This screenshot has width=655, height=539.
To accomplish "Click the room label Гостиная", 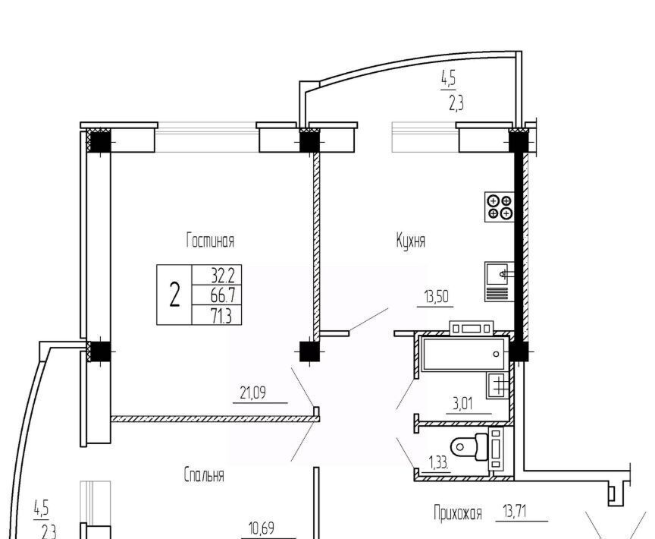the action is (210, 241).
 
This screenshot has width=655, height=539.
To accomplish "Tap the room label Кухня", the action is (411, 241).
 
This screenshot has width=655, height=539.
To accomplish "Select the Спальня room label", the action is (204, 475).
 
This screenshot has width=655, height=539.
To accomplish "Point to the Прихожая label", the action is (458, 513).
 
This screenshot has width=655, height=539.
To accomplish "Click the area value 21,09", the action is (253, 392).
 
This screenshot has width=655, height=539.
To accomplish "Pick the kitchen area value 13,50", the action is (436, 297).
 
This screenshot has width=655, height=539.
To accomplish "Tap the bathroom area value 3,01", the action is (463, 404).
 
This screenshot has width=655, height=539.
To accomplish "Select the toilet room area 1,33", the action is (439, 463).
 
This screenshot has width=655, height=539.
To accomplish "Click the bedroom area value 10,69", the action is (262, 528).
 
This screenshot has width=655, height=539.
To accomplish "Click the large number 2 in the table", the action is (174, 295).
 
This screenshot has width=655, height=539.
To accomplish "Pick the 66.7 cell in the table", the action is (223, 296).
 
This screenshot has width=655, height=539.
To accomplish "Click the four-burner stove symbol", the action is (499, 207).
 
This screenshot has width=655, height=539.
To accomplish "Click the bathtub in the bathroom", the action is (465, 355).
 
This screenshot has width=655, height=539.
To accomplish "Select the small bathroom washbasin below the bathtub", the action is (498, 385).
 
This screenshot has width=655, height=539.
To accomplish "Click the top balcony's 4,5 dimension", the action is (448, 79).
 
